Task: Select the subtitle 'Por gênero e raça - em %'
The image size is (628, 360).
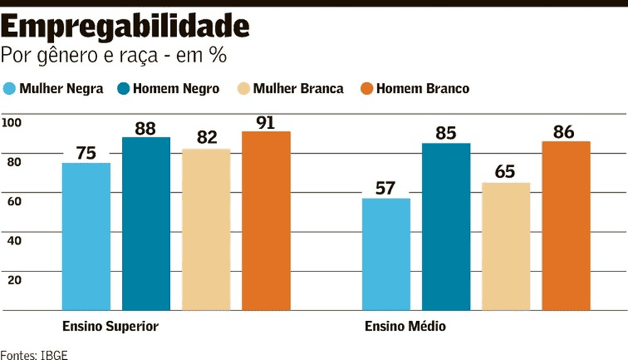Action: [113, 55]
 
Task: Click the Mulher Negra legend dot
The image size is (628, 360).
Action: [9, 89]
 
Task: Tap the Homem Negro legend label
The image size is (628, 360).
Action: [176, 89]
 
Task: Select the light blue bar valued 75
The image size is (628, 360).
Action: [86, 237]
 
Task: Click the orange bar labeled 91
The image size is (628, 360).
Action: [266, 221]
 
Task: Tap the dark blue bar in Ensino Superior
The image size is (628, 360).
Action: [146, 224]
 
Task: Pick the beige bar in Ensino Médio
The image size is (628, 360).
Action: [506, 247]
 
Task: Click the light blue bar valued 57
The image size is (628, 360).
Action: [386, 254]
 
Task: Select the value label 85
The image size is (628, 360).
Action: [446, 133]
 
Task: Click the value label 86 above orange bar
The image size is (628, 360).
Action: [566, 131]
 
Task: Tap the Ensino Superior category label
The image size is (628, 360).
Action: [110, 327]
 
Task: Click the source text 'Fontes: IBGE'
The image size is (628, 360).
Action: [34, 354]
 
